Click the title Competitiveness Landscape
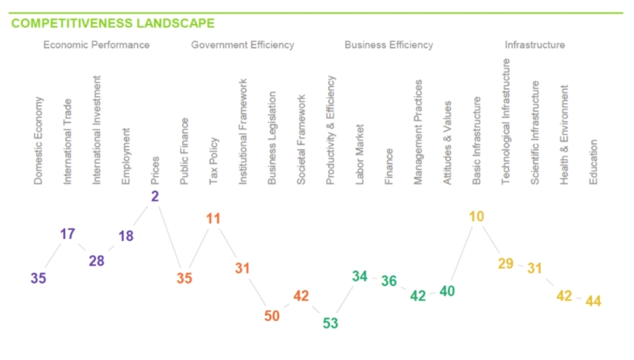pyautogui.click(x=113, y=23)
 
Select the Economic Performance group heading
pyautogui.click(x=96, y=45)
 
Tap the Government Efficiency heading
pyautogui.click(x=242, y=45)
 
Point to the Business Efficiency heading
pyautogui.click(x=388, y=45)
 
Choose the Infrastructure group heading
pyautogui.click(x=535, y=45)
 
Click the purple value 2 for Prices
pyautogui.click(x=155, y=196)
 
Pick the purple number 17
pyautogui.click(x=67, y=234)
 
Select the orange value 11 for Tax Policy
pyautogui.click(x=213, y=219)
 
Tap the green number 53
pyautogui.click(x=330, y=323)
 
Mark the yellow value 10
pyautogui.click(x=477, y=217)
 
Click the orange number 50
pyautogui.click(x=272, y=316)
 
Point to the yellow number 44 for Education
pyautogui.click(x=593, y=300)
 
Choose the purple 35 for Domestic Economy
pyautogui.click(x=38, y=278)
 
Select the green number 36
pyautogui.click(x=389, y=281)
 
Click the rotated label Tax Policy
pyautogui.click(x=214, y=162)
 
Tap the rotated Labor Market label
pyautogui.click(x=359, y=154)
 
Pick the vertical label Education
pyautogui.click(x=594, y=162)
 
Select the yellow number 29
pyautogui.click(x=505, y=264)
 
